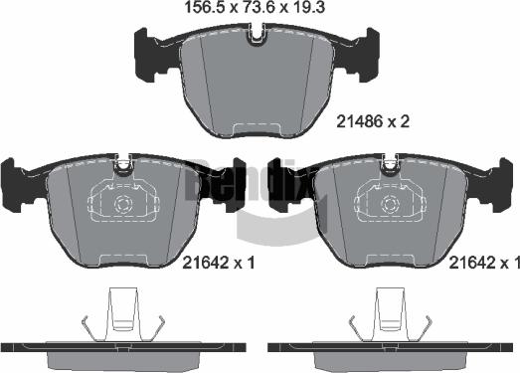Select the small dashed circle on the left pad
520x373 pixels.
123,205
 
